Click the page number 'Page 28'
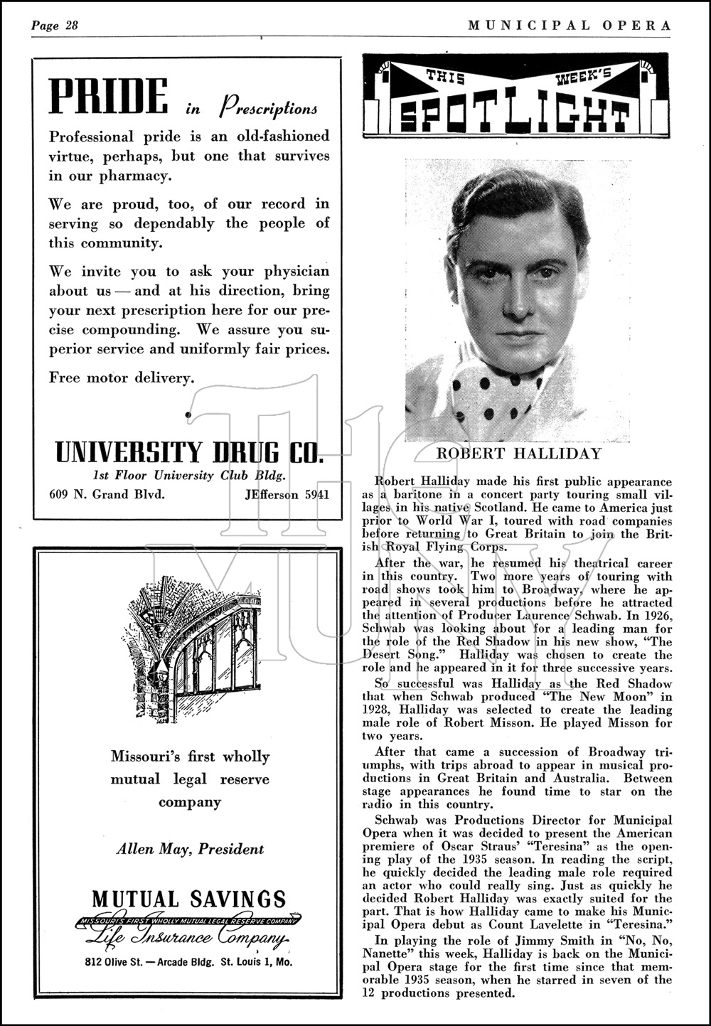pos(54,26)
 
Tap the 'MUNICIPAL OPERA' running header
pos(569,26)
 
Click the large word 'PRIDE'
pos(109,97)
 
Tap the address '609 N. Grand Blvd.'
pos(107,494)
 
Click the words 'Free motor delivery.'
pos(122,378)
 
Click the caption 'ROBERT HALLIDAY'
pos(518,454)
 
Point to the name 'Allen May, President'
pos(190,848)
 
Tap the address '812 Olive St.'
pos(120,963)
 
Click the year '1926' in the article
pos(657,615)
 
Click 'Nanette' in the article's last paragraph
pos(388,968)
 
